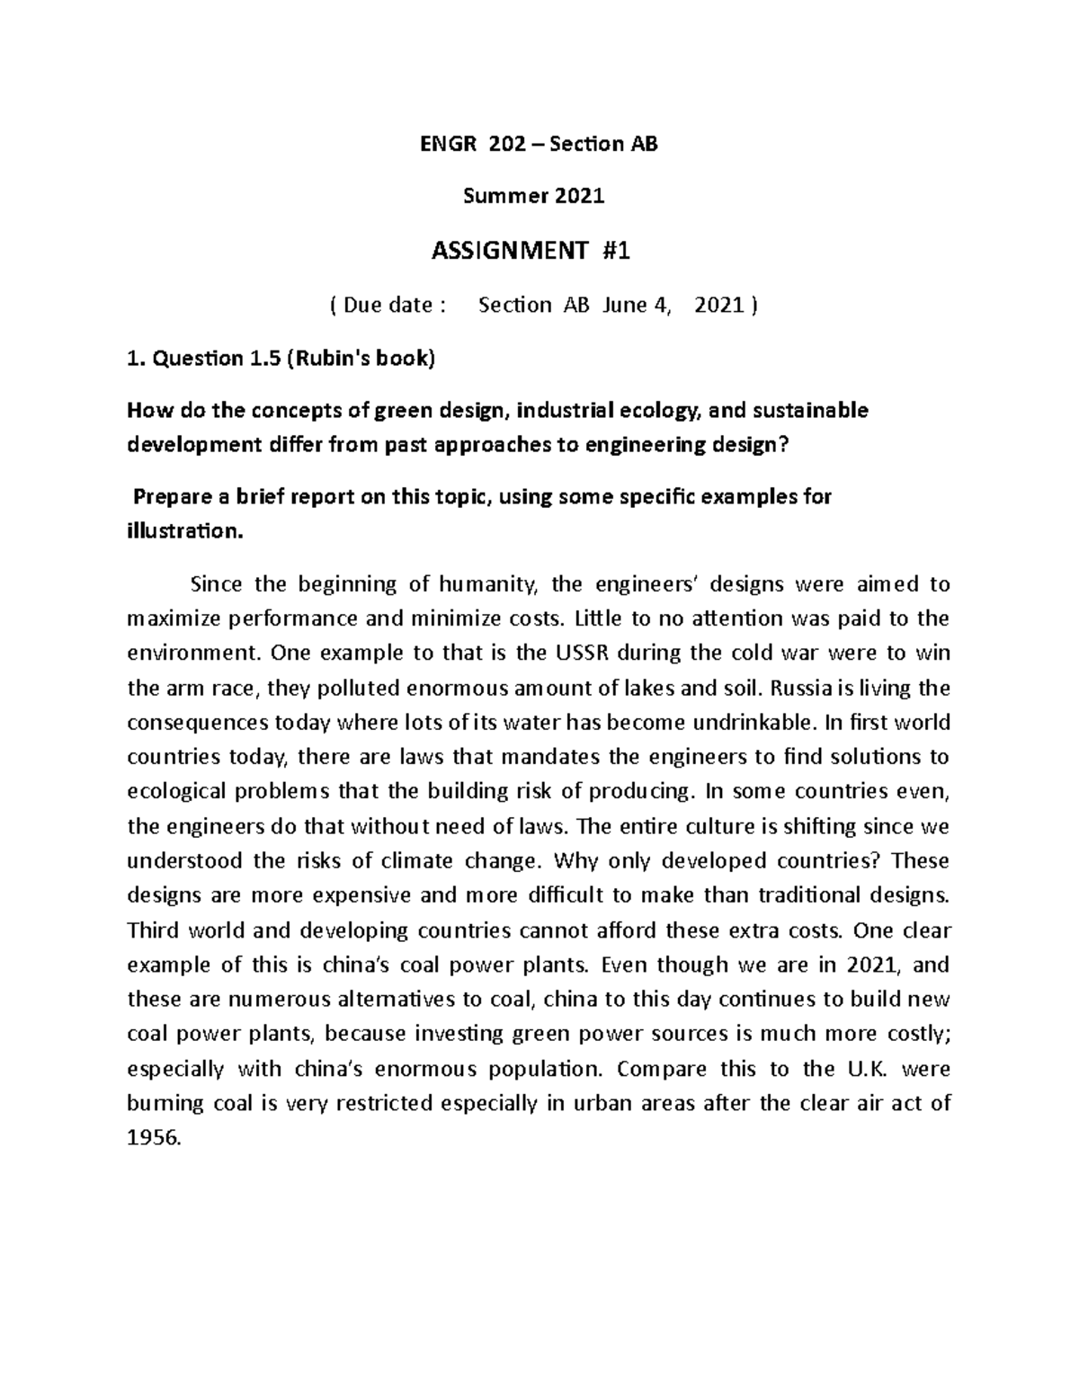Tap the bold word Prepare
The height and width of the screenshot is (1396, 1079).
tap(176, 498)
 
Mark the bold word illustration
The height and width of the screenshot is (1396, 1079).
tap(183, 532)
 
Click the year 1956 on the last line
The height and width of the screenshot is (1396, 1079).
tap(154, 1138)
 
